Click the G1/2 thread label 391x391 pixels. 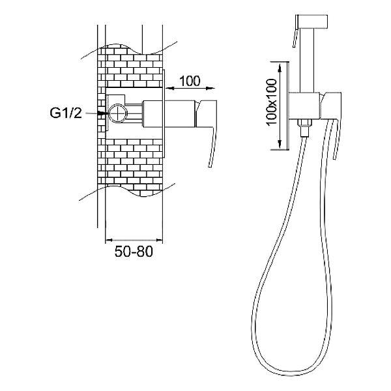click(x=66, y=113)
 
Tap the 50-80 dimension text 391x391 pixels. click(x=134, y=252)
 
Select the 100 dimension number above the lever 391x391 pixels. click(x=190, y=81)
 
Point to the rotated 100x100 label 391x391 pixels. click(x=272, y=102)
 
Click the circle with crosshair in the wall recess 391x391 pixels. click(x=117, y=113)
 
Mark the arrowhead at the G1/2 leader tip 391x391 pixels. click(x=103, y=113)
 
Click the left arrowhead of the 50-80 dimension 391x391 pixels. click(x=109, y=240)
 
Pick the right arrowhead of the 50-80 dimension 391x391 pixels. click(x=159, y=240)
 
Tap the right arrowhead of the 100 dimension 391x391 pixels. click(x=210, y=88)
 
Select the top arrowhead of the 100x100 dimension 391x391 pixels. click(x=280, y=68)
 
